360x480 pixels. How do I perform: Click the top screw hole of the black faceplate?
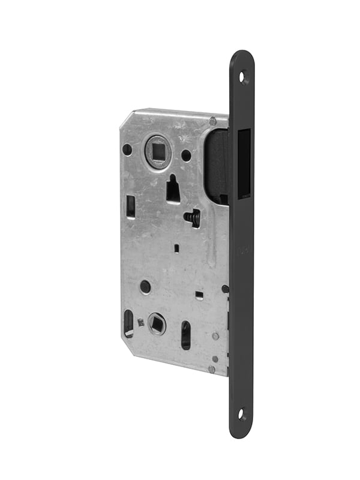click(x=243, y=76)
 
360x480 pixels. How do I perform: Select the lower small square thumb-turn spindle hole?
click(x=157, y=323)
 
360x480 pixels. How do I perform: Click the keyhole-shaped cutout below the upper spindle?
click(x=172, y=189)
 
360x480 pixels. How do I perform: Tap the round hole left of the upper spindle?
click(x=127, y=149)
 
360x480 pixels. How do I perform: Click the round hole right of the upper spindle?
click(x=186, y=155)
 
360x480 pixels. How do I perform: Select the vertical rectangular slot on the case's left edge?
click(x=131, y=207)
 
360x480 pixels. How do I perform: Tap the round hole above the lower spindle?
click(x=146, y=287)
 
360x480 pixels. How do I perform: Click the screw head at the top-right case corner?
click(x=212, y=122)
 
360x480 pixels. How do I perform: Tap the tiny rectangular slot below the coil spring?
click(x=176, y=247)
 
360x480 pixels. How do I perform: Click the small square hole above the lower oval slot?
click(x=199, y=294)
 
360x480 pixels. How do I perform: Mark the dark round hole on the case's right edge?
click(x=225, y=289)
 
